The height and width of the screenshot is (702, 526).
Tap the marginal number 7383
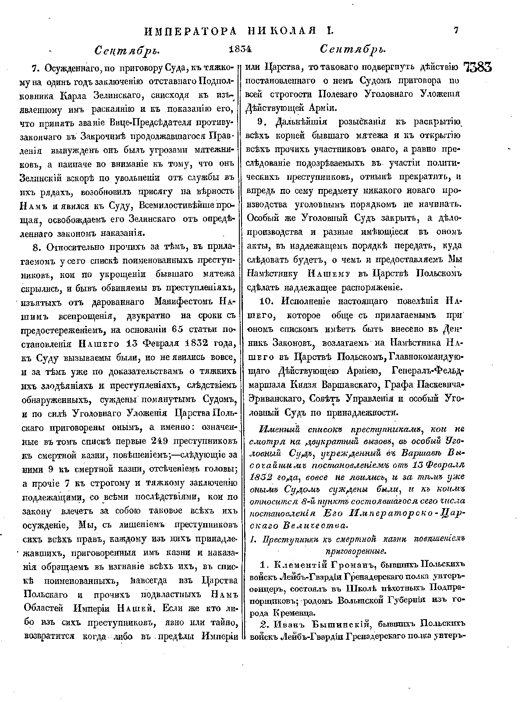(x=477, y=68)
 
